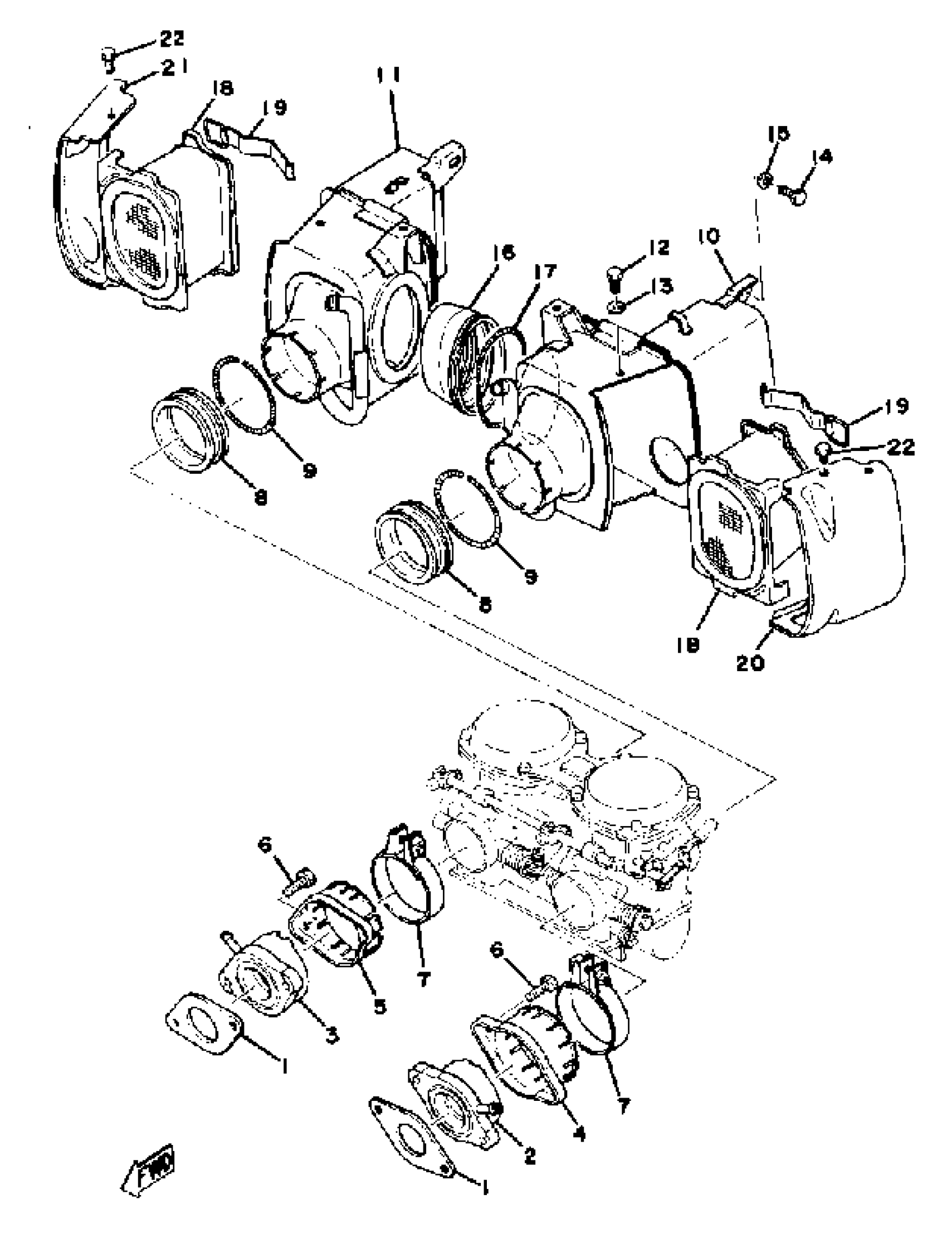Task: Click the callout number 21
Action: coord(174,68)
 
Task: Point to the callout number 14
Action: coord(822,156)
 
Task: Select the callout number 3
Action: coord(333,1035)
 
